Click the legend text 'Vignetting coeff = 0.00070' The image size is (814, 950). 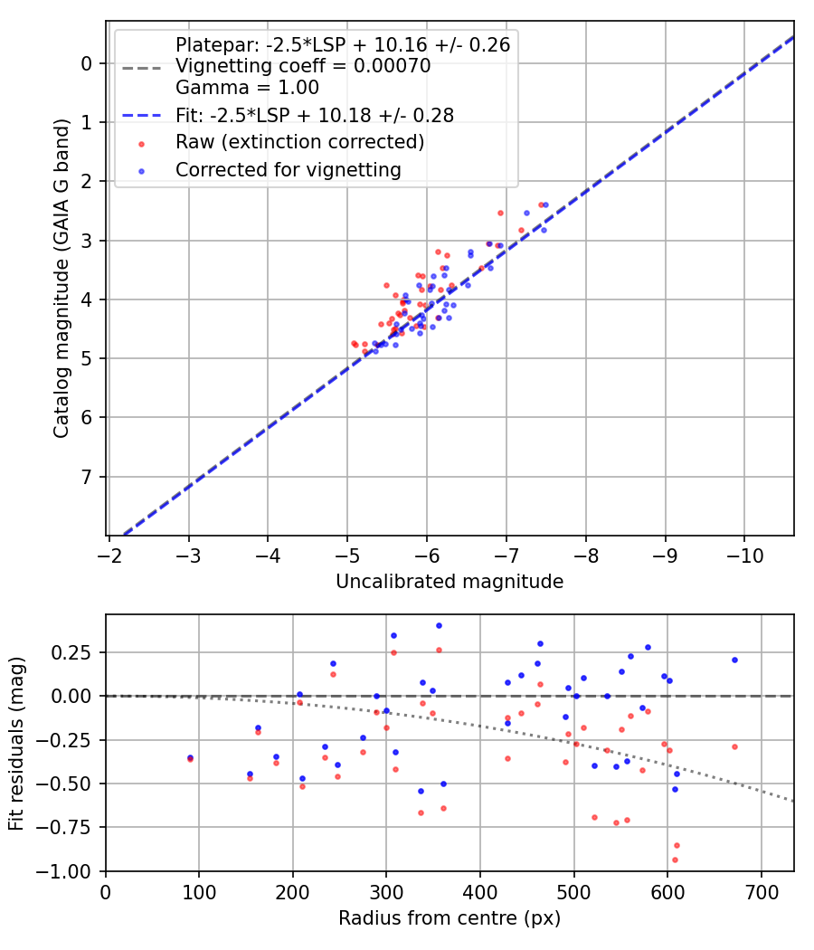click(303, 66)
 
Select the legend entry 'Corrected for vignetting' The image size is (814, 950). click(288, 169)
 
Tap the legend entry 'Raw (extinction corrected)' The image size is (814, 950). click(299, 142)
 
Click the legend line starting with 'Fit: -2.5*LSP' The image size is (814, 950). click(314, 115)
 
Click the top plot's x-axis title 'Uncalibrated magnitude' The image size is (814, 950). click(450, 582)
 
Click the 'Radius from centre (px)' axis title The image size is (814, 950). click(450, 918)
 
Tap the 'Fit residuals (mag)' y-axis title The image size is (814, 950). click(16, 744)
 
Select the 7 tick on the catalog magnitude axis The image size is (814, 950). click(87, 477)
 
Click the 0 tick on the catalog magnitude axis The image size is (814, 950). click(87, 63)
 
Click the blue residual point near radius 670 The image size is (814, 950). click(734, 660)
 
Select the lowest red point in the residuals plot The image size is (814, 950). click(674, 860)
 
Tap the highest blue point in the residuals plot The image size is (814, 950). click(439, 625)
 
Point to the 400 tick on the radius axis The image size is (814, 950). click(480, 890)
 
